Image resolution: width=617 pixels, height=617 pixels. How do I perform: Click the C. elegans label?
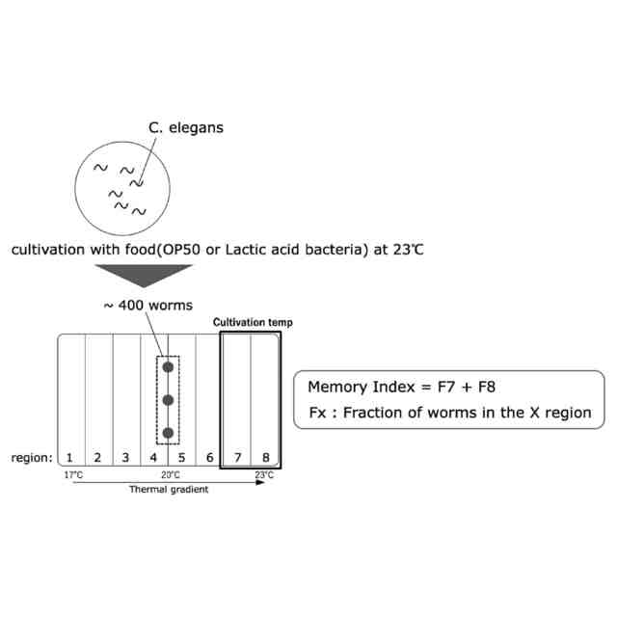click(x=186, y=126)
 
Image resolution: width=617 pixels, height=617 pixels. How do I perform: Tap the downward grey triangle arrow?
click(x=148, y=275)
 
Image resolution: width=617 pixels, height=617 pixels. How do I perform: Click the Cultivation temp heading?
click(x=253, y=323)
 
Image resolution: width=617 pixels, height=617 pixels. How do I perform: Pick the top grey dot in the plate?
click(x=168, y=367)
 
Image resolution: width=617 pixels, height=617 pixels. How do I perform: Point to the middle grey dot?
click(x=168, y=400)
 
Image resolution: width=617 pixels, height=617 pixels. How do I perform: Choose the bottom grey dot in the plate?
click(x=168, y=433)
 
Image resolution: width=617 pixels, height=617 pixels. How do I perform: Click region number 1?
click(x=70, y=457)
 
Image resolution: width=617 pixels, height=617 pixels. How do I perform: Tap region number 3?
click(x=125, y=457)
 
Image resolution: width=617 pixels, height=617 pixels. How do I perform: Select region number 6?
click(x=209, y=457)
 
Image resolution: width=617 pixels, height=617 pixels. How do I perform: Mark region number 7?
click(x=236, y=457)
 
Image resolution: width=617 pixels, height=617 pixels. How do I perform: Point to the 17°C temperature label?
click(x=73, y=475)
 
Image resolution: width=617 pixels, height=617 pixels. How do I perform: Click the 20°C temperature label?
click(x=170, y=475)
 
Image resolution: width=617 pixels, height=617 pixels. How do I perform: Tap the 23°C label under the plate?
click(x=264, y=475)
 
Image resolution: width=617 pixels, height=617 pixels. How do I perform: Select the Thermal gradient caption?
click(x=168, y=490)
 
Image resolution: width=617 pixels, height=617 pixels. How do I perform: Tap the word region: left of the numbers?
click(x=33, y=457)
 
